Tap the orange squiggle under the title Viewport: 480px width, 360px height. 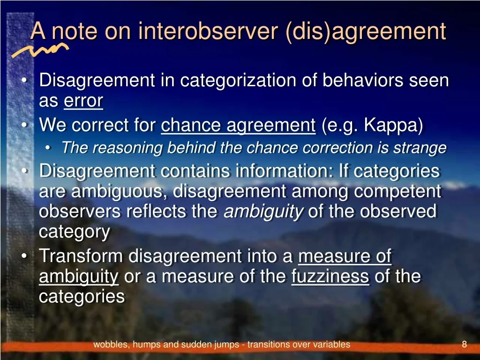pos(40,50)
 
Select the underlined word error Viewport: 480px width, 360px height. pos(83,100)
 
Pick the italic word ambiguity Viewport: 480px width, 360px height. pos(263,212)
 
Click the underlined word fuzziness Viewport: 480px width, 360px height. pos(330,276)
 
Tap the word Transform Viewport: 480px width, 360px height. pos(81,256)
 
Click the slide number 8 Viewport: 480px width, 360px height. pos(465,345)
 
